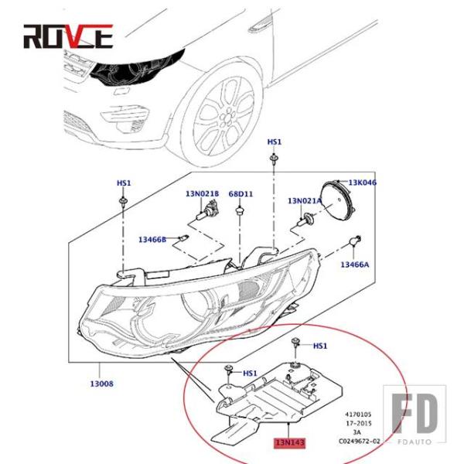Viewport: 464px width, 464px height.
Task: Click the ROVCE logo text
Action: click(x=68, y=36)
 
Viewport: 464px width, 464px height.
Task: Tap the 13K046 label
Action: click(x=362, y=183)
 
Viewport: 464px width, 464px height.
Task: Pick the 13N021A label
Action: click(x=305, y=200)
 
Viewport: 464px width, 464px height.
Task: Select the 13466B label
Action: click(x=152, y=240)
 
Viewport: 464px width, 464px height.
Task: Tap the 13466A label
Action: click(x=355, y=265)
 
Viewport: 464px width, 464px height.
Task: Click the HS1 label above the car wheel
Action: click(x=275, y=142)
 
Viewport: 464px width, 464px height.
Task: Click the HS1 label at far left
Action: click(x=124, y=183)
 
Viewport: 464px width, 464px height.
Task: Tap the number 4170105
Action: click(x=357, y=413)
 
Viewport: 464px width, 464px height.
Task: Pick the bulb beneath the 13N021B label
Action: click(x=206, y=214)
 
